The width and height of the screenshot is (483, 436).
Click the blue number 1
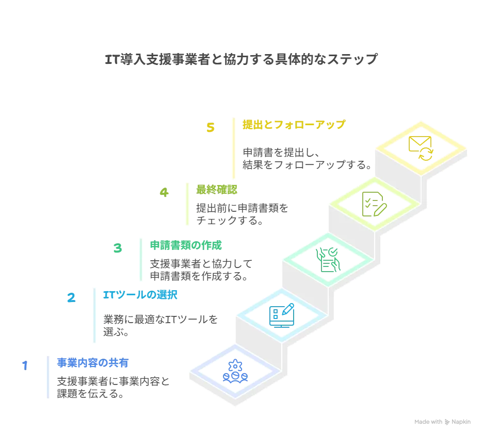[24, 365]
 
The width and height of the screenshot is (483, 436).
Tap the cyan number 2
[72, 298]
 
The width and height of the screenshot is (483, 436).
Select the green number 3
[118, 249]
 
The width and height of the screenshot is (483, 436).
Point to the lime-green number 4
[164, 193]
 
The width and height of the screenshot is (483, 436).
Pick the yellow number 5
[210, 128]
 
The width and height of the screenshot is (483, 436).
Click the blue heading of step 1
[93, 363]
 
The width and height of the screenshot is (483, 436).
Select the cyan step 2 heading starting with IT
[140, 295]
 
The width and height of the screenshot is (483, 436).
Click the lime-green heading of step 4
[217, 190]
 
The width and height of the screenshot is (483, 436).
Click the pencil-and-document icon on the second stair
[282, 314]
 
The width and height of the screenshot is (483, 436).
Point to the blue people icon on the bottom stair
[235, 372]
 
